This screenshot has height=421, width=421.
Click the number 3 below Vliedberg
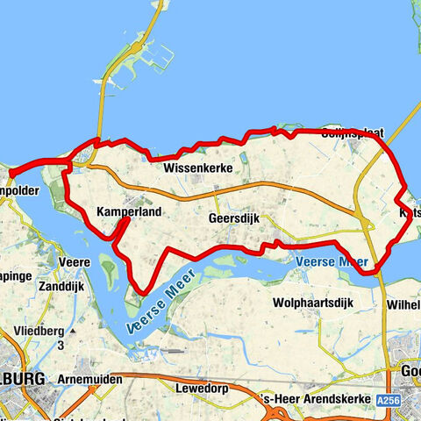pos(62,346)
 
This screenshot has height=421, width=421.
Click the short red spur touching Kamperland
pos(122,231)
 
